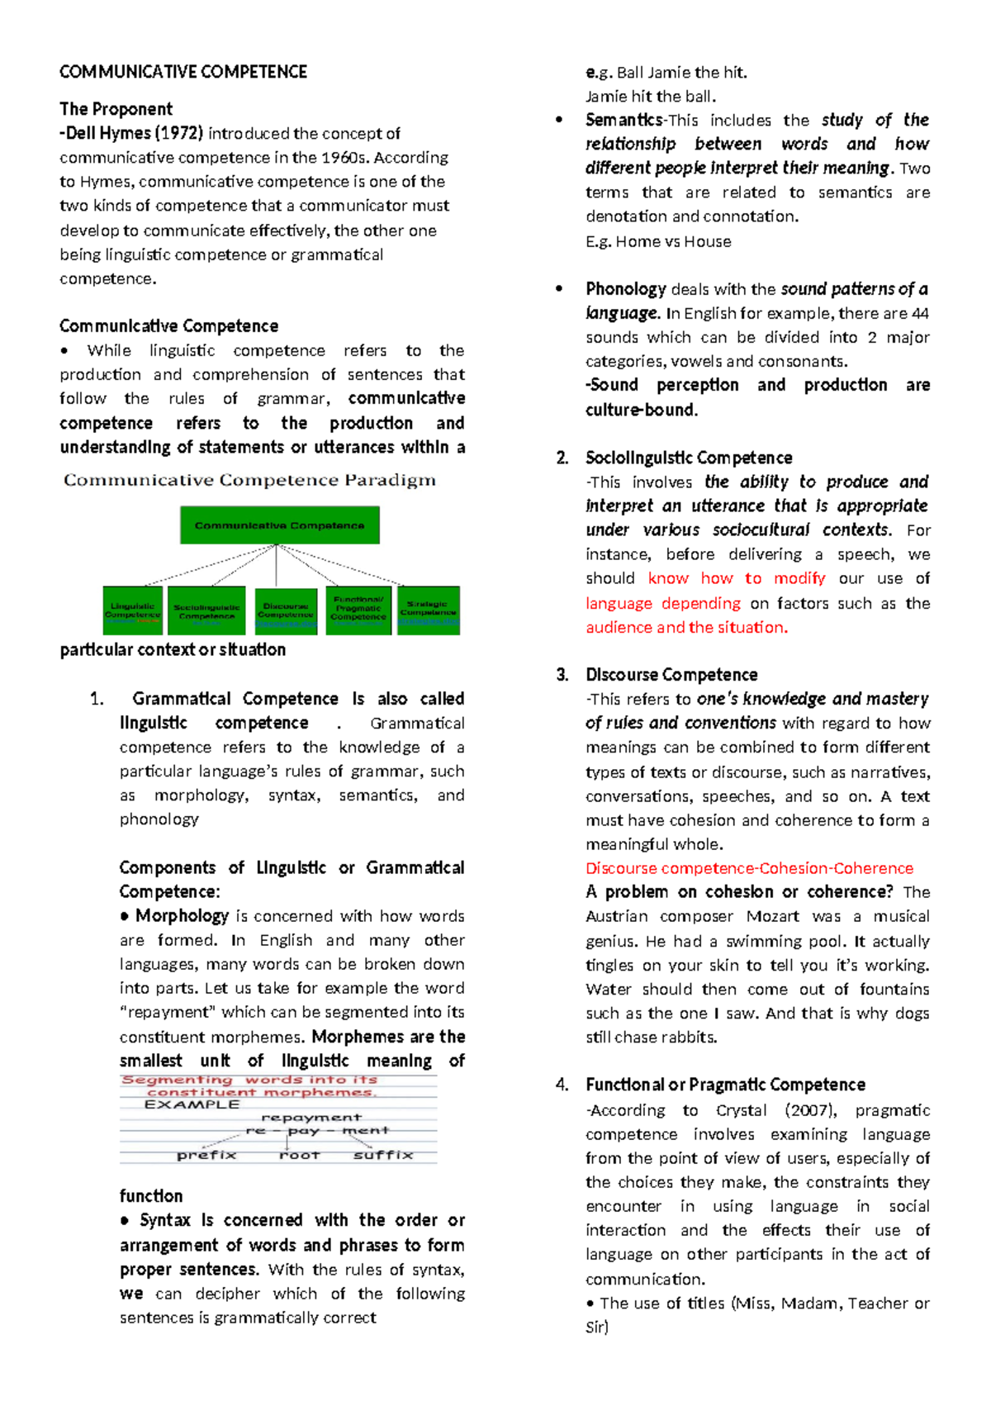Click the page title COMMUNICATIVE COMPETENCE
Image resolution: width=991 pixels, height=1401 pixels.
click(183, 72)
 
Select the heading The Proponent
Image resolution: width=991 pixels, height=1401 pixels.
click(116, 109)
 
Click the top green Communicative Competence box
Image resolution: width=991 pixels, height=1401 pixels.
click(279, 525)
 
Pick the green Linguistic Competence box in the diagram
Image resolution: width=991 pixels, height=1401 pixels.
click(132, 610)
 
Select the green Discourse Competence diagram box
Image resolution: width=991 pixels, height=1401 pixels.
click(286, 611)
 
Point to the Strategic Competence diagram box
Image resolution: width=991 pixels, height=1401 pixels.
click(428, 610)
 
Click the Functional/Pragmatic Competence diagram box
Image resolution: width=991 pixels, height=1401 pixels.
click(358, 610)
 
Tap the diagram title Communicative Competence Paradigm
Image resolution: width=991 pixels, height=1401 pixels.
click(249, 480)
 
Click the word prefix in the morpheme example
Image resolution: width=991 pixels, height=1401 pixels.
click(206, 1155)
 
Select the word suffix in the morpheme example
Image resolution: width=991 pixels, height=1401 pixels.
click(383, 1155)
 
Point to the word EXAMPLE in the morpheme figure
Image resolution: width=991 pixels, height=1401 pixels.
click(192, 1104)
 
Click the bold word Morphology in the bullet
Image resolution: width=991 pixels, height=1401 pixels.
click(182, 916)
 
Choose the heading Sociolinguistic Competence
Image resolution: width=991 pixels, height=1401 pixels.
click(688, 458)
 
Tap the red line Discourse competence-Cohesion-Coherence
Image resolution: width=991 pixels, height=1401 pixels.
click(749, 868)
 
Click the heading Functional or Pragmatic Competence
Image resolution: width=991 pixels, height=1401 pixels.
click(725, 1085)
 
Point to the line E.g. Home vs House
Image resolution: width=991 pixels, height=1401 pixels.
click(658, 241)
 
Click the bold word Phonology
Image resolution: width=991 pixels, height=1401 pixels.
click(625, 289)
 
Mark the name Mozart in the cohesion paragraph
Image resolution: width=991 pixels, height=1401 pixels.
click(772, 916)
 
